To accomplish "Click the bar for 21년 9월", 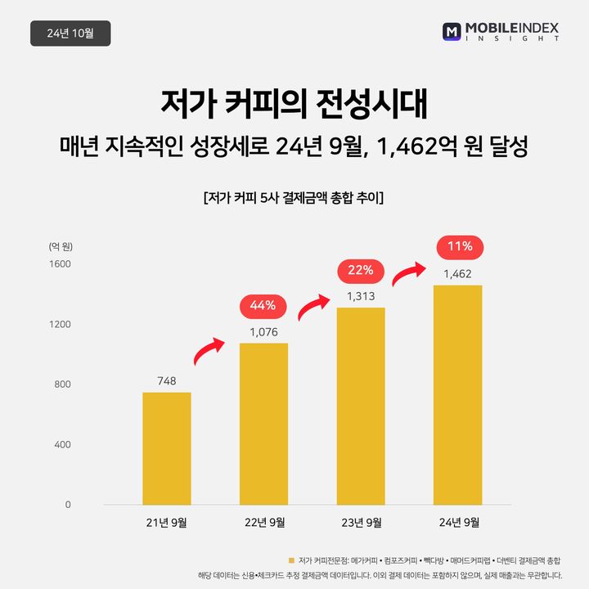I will coord(167,448).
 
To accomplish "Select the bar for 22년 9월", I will coord(263,424).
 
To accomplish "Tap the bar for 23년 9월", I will coord(361,406).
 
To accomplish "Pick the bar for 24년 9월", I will coord(457,394).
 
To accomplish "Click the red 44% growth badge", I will coord(263,306).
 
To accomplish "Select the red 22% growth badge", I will coord(361,269).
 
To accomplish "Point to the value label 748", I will coord(167,380).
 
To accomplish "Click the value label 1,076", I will coord(263,332).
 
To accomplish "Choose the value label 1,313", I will coord(361,296).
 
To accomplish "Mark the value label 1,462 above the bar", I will coord(457,274).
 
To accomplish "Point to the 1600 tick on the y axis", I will coord(61,264).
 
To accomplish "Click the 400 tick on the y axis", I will coord(63,445).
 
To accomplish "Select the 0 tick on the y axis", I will coord(68,505).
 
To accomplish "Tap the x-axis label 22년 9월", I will coord(263,522).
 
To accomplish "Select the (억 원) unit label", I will coord(60,246).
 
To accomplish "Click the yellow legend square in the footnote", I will coord(290,560).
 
